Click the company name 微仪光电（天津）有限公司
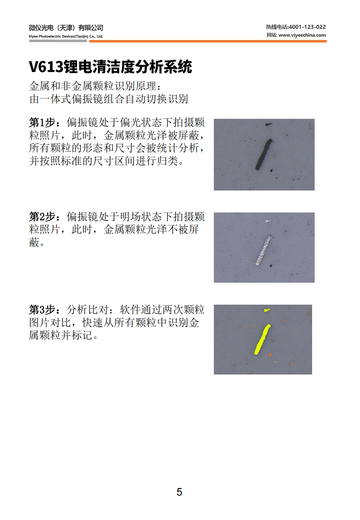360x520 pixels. (x=66, y=28)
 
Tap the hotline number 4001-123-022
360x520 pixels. (x=307, y=27)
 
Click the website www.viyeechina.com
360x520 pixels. (x=302, y=35)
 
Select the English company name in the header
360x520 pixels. (x=66, y=36)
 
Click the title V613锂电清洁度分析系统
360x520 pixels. (x=110, y=67)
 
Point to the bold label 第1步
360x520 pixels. (x=42, y=123)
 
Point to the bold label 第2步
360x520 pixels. (x=42, y=217)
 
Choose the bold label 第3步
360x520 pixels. (x=42, y=310)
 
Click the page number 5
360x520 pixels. (x=179, y=492)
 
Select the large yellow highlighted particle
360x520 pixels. (x=262, y=339)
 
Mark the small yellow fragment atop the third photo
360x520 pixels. (x=267, y=310)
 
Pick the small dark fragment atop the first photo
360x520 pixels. (x=269, y=125)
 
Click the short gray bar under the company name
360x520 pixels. (x=58, y=41)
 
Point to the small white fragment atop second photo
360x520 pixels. (x=267, y=221)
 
